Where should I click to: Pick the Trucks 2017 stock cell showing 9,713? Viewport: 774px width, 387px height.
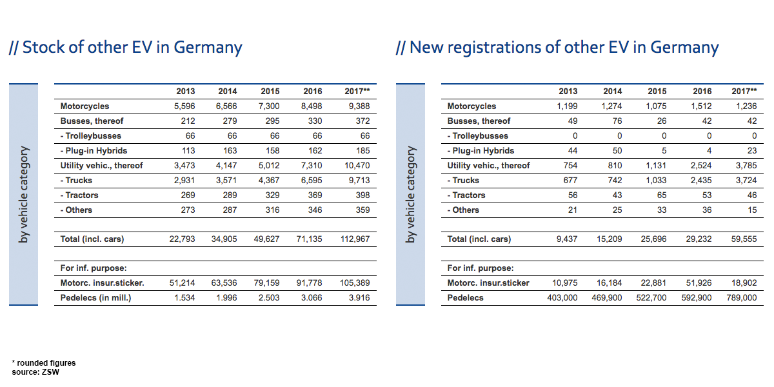pyautogui.click(x=358, y=181)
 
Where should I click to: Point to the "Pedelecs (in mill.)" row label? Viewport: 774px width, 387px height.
pyautogui.click(x=95, y=298)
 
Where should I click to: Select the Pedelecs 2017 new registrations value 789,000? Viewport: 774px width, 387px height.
pyautogui.click(x=739, y=298)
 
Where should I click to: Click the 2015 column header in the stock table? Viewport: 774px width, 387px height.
pyautogui.click(x=270, y=92)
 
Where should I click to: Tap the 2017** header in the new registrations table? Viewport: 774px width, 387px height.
pyautogui.click(x=744, y=92)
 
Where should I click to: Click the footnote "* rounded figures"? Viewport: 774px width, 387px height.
pyautogui.click(x=43, y=363)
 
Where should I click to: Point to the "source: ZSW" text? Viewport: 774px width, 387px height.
pyautogui.click(x=35, y=372)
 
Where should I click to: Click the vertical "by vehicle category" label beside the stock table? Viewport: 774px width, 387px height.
pyautogui.click(x=23, y=194)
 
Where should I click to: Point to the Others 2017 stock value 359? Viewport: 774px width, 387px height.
pyautogui.click(x=362, y=210)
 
